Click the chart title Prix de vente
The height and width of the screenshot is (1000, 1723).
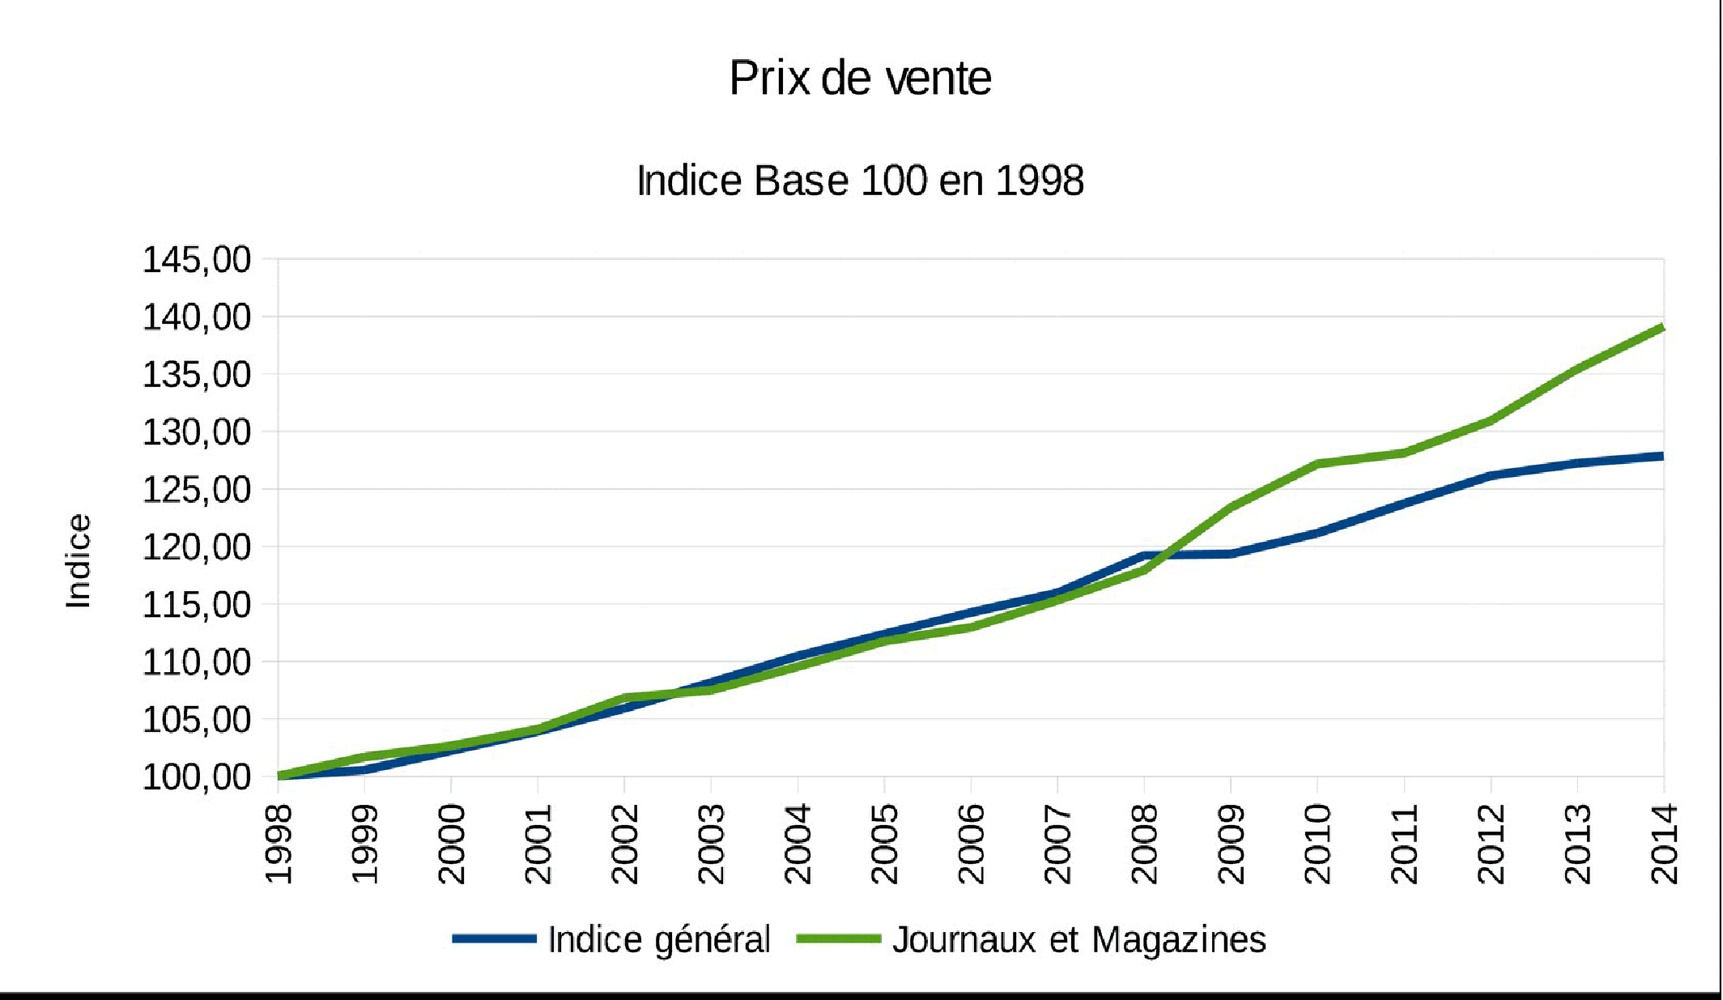[860, 79]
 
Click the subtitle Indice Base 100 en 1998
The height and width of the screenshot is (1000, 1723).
[860, 180]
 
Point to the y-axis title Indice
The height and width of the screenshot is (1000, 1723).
[79, 561]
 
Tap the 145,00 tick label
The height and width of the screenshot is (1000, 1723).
[197, 260]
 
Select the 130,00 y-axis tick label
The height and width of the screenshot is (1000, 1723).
[197, 432]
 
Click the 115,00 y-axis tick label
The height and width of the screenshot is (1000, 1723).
[197, 605]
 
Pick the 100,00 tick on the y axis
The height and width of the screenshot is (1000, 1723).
[197, 777]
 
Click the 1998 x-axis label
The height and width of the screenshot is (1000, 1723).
[279, 844]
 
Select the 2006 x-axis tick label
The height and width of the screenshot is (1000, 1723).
[972, 844]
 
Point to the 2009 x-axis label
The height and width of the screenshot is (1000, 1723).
[1232, 844]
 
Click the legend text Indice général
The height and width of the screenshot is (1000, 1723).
[659, 939]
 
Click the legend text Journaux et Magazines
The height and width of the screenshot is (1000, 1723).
[1079, 939]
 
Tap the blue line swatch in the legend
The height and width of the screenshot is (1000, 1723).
[494, 939]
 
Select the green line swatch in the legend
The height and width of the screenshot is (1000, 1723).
[838, 939]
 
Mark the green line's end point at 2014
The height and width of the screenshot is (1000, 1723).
[1662, 328]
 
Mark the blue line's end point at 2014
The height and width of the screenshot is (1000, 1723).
[1662, 457]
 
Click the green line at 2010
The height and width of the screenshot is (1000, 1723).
[1318, 464]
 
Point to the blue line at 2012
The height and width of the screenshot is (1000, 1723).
[1491, 475]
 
